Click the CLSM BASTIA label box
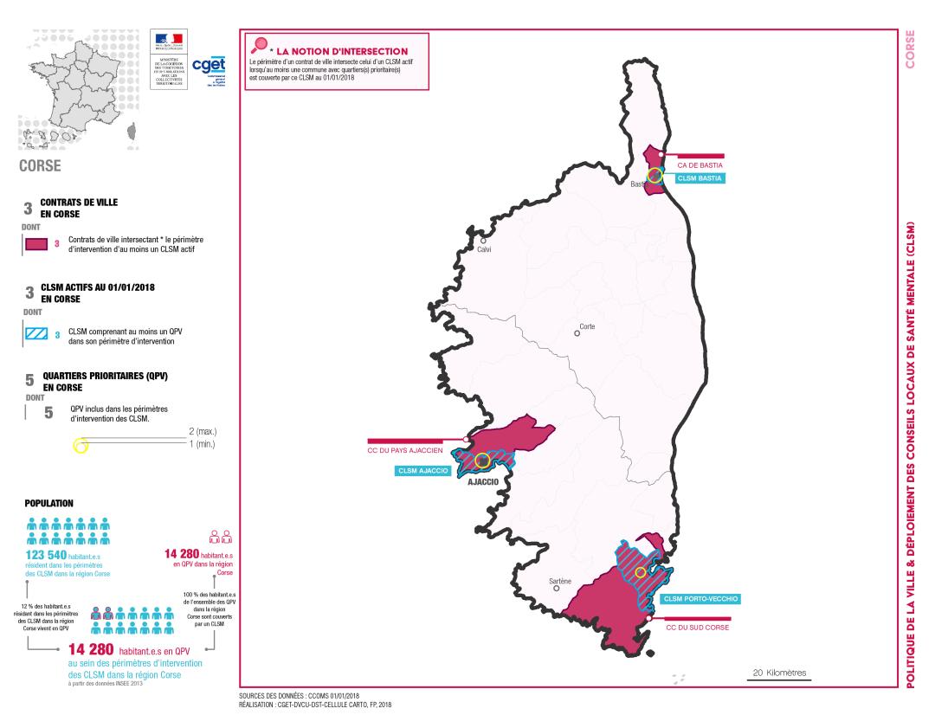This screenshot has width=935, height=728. point(700,178)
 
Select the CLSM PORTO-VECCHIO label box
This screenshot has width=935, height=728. point(702,598)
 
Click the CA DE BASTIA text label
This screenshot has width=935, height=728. point(700,164)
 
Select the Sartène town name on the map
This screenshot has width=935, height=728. point(561,580)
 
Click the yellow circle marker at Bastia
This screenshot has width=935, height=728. point(655,176)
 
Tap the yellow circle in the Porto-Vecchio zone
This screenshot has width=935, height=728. point(640,572)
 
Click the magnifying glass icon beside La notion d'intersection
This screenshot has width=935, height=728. point(257,46)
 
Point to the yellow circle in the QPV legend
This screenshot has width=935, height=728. point(81,447)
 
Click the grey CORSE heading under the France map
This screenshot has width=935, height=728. point(40,165)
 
